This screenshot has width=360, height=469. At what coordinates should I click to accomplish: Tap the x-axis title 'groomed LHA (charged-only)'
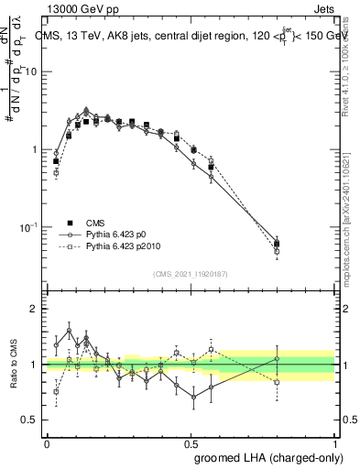(265, 456)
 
